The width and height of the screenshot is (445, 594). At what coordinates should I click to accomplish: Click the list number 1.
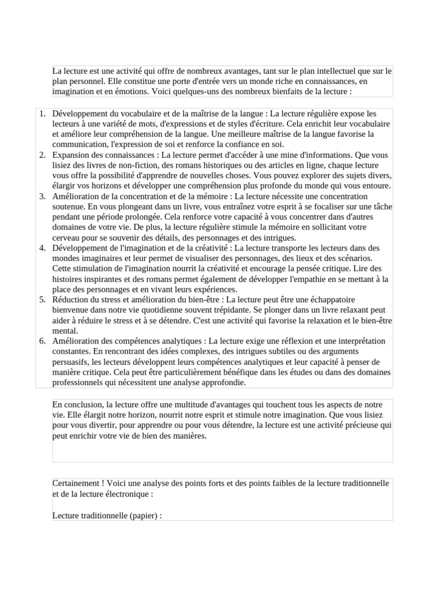tap(42, 114)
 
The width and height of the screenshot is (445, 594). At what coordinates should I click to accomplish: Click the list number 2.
tap(42, 155)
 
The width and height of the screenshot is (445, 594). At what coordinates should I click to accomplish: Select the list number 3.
tap(42, 196)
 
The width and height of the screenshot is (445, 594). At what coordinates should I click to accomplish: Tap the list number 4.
tap(42, 248)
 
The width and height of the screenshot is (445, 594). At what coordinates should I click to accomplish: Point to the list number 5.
tap(42, 299)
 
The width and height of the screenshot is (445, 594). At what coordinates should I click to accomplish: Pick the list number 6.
tap(42, 341)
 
